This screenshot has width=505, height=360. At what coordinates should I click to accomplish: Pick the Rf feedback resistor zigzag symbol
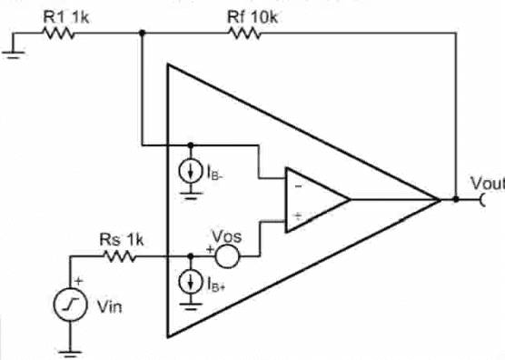(x=245, y=34)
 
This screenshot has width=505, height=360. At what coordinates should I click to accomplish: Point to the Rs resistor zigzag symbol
(x=121, y=257)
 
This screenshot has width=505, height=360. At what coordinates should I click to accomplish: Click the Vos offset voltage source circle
(x=227, y=257)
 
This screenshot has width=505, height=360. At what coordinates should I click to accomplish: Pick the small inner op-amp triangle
(x=313, y=199)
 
